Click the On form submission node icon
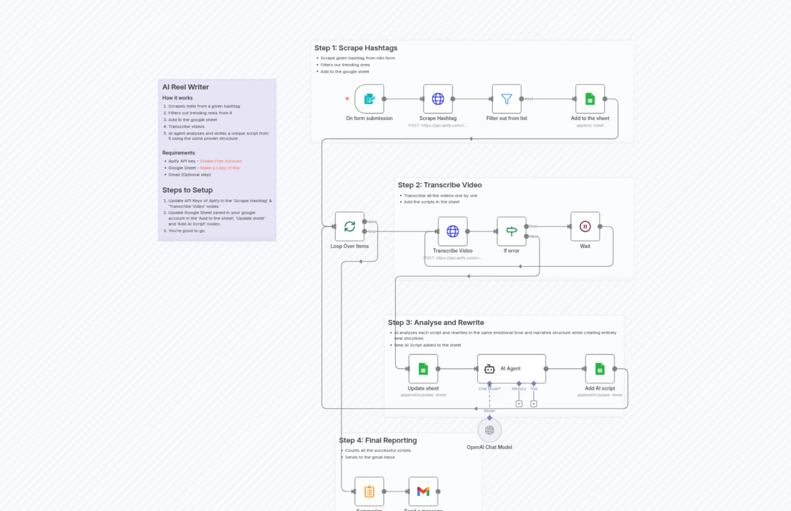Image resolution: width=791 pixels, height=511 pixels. click(x=369, y=99)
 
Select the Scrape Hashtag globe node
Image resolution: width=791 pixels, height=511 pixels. click(x=438, y=99)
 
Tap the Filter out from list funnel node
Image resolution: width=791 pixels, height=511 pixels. click(x=506, y=99)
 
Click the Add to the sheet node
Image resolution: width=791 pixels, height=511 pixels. click(x=590, y=99)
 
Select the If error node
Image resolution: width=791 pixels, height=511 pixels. click(x=511, y=231)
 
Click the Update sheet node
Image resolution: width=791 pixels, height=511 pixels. click(x=423, y=369)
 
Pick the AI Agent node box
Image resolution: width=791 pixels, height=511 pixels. click(x=511, y=369)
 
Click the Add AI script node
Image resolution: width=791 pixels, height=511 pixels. click(x=600, y=369)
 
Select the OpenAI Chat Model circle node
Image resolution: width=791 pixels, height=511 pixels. click(x=489, y=430)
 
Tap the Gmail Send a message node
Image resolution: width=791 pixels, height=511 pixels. click(x=423, y=491)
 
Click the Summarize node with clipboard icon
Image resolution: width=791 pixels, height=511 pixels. click(x=369, y=491)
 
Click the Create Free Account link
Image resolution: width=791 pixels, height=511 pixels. click(x=220, y=161)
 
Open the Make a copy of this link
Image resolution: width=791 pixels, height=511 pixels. click(x=220, y=168)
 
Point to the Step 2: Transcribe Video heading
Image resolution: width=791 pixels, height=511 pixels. click(x=439, y=185)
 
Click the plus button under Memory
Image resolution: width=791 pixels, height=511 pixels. click(x=519, y=404)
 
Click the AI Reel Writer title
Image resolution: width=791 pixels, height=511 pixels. click(x=185, y=87)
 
